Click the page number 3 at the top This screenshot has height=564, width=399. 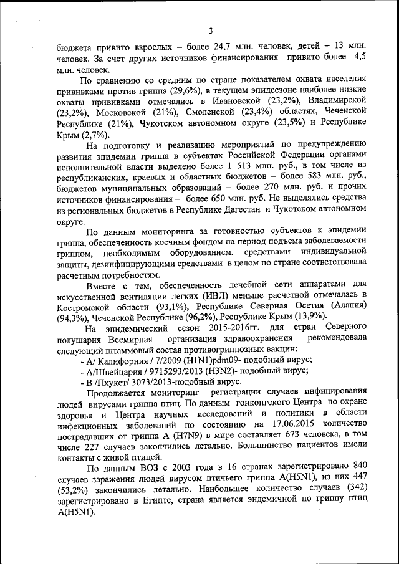(x=211, y=31)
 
